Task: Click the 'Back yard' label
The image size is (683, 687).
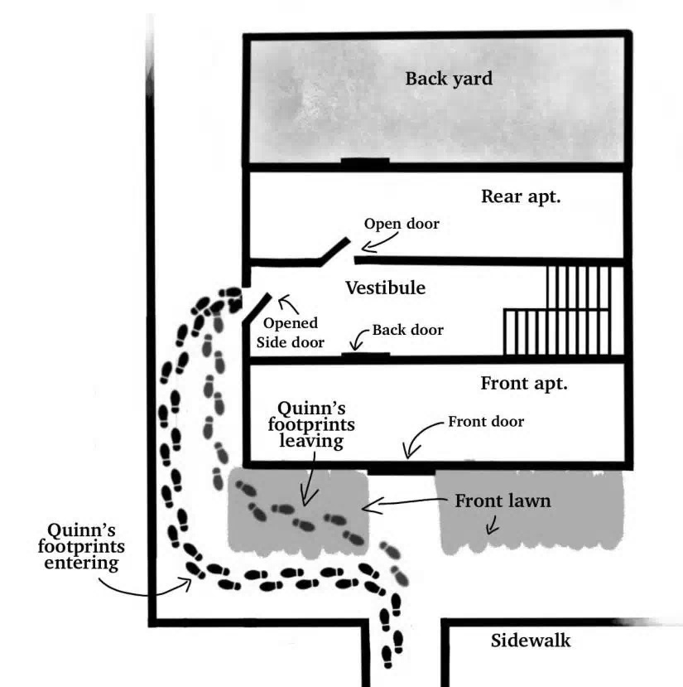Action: click(448, 80)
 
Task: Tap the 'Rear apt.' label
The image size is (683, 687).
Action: click(520, 197)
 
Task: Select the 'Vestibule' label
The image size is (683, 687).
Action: click(385, 288)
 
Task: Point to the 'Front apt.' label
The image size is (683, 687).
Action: click(523, 384)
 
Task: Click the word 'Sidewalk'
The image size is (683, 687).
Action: click(531, 641)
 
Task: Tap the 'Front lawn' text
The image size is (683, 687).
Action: click(503, 501)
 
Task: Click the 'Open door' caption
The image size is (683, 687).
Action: click(402, 224)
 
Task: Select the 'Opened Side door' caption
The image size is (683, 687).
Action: click(291, 332)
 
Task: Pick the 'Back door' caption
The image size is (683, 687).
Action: click(407, 330)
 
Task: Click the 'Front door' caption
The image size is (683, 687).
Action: click(486, 422)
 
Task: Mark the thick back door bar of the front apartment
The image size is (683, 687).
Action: click(365, 356)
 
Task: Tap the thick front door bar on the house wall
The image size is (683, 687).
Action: click(401, 470)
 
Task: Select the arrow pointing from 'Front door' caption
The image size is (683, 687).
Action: click(423, 437)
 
